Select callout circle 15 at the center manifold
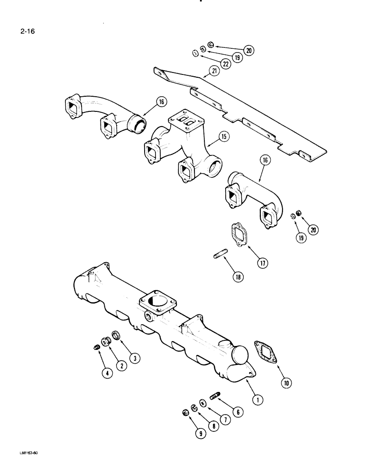pos(224,137)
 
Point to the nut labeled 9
pos(186,412)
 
